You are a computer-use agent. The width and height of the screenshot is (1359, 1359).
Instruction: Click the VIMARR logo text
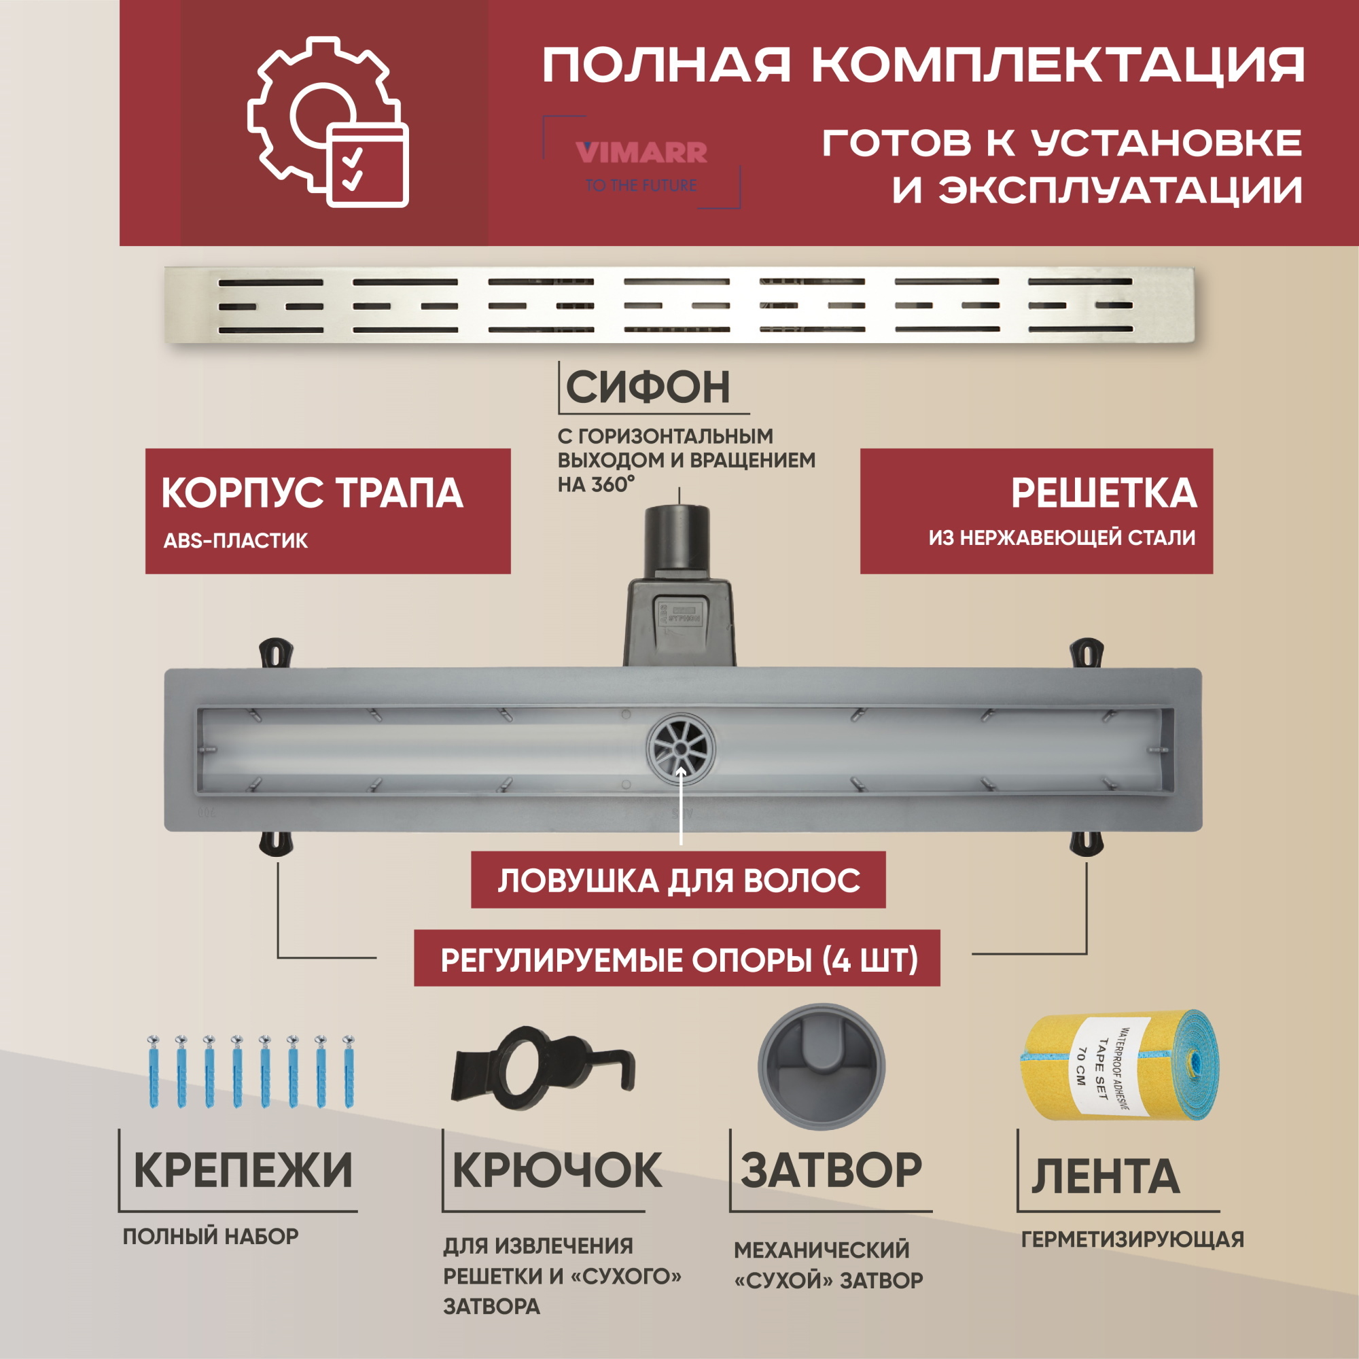point(641,153)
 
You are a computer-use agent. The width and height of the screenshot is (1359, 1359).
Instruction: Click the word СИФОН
point(648,387)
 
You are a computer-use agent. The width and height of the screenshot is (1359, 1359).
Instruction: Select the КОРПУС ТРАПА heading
point(313,493)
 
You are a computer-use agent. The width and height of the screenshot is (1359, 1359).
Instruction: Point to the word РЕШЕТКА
point(1103,493)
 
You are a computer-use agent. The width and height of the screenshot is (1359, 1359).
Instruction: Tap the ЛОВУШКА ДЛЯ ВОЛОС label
point(679,881)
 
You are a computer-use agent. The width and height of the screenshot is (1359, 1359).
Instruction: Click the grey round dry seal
point(821,1066)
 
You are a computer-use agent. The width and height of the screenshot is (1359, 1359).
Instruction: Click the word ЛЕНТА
point(1105,1177)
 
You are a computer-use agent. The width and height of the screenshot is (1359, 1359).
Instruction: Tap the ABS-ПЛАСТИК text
point(236,541)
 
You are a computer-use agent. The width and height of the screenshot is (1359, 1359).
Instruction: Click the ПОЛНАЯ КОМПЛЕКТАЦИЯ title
point(923,65)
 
